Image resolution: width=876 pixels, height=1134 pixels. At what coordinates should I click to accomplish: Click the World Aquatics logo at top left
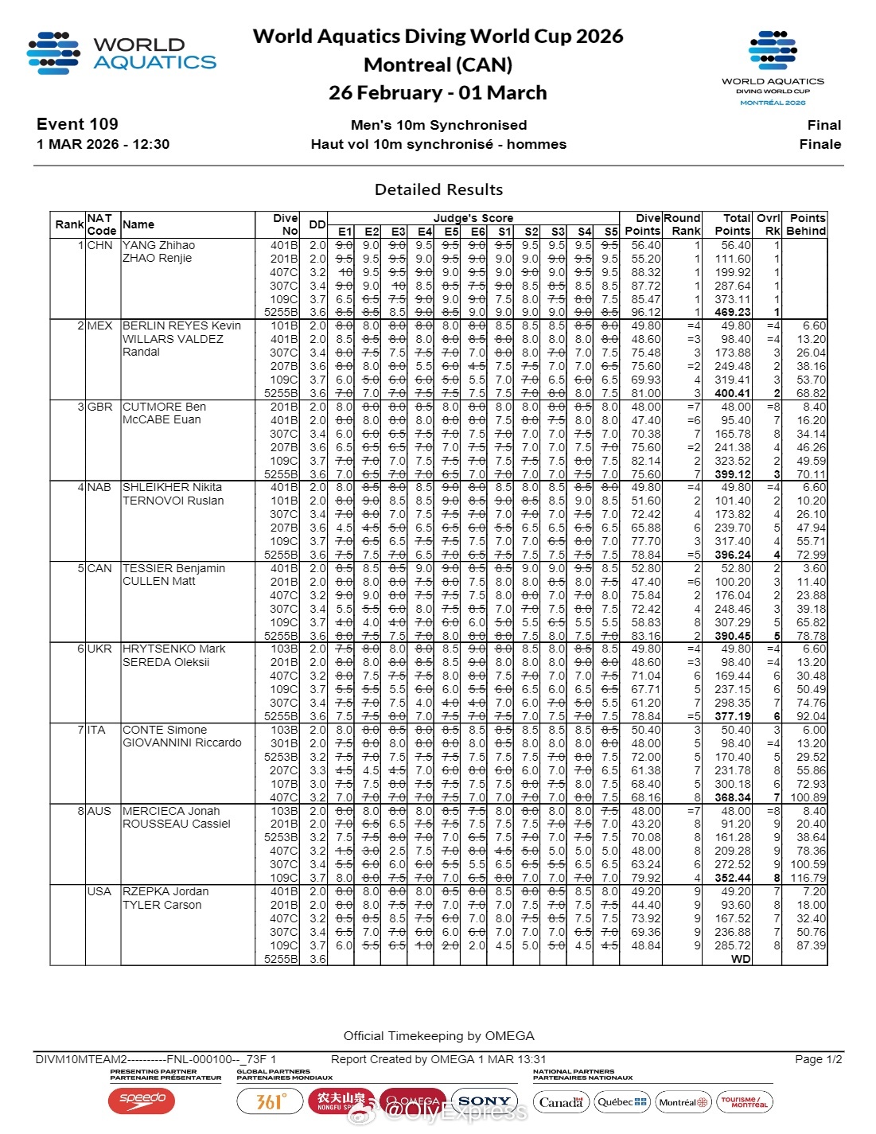121,53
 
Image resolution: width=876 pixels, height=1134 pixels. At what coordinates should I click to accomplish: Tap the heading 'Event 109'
77,124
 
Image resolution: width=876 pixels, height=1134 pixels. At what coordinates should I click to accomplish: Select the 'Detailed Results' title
438,189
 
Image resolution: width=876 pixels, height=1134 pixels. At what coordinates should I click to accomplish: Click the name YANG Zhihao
158,245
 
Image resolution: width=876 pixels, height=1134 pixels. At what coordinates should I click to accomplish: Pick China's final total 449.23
732,313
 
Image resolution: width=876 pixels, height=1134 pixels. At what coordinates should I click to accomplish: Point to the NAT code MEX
99,325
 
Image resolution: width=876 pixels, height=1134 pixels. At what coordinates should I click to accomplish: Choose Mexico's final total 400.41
732,393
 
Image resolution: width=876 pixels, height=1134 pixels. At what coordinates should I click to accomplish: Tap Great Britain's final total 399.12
732,474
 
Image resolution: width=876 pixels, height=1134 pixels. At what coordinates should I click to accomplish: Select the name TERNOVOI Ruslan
173,501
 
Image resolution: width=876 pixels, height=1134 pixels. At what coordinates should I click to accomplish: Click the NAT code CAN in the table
99,568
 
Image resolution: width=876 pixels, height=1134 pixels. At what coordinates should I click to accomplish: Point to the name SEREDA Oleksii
165,662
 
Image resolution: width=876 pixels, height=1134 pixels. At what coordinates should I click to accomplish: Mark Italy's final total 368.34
732,797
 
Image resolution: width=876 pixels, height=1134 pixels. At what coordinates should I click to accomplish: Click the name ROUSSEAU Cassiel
176,824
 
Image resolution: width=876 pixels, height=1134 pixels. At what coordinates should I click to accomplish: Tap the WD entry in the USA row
741,959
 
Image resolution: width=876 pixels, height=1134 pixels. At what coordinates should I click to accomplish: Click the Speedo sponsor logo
142,1101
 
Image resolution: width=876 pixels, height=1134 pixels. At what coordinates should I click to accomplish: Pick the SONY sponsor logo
484,1101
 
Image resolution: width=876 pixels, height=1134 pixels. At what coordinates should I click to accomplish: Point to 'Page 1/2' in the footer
818,1059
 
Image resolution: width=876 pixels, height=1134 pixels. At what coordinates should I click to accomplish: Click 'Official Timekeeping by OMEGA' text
438,1036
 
